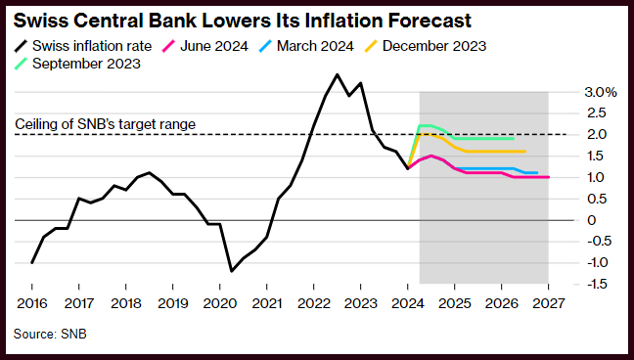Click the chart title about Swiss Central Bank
point(243,21)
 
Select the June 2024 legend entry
point(205,46)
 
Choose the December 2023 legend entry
point(425,46)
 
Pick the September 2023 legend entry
point(77,64)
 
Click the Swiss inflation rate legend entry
point(83,46)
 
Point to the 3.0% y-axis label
point(601,92)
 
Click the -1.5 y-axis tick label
point(596,284)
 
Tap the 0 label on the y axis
point(592,220)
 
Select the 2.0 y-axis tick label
point(597,134)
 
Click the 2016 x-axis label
point(32,303)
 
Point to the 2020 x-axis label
point(219,303)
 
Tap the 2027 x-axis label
point(548,303)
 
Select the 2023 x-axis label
point(361,303)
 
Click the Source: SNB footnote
point(50,335)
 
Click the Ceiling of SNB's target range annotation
point(105,124)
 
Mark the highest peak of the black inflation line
point(338,74)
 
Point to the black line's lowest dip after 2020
point(231,271)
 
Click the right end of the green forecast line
point(513,138)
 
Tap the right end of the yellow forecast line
point(524,152)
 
